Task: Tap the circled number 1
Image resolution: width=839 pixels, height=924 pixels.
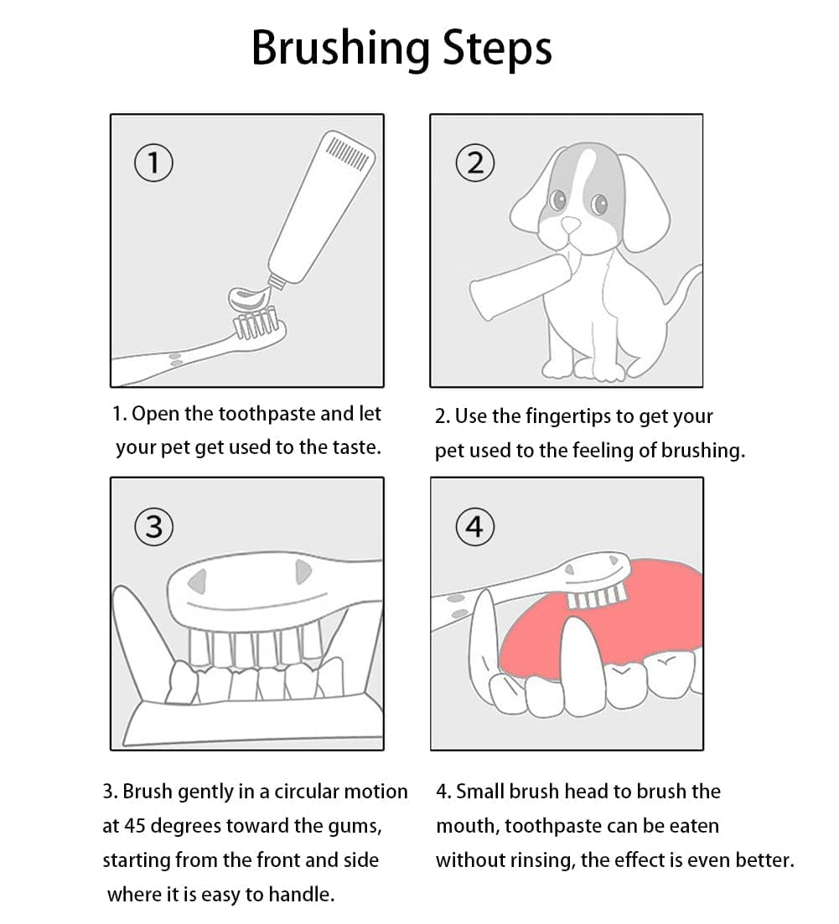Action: (x=153, y=163)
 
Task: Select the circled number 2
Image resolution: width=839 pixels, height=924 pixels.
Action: (x=474, y=163)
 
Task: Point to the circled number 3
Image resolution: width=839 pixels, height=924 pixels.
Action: (x=153, y=526)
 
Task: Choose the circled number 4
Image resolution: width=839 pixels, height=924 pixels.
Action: (x=474, y=526)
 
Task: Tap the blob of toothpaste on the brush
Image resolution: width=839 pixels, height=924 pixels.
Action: (x=251, y=298)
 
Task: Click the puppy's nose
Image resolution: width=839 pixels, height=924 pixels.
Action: (x=570, y=225)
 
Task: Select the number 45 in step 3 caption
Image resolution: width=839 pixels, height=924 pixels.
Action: (x=135, y=826)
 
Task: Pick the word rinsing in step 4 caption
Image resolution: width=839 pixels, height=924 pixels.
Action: (x=541, y=861)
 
